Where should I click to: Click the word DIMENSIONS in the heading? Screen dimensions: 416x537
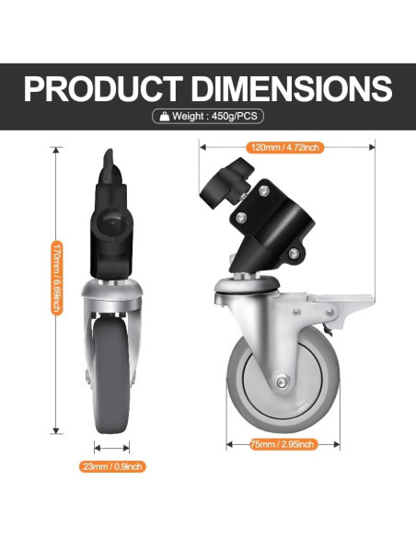coord(292,88)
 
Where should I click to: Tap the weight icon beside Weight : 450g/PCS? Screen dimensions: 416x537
coord(165,117)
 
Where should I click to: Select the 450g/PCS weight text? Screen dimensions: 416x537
coord(235,116)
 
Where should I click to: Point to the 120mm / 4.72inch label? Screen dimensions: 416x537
coord(284,148)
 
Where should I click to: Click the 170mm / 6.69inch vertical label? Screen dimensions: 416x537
coord(57,278)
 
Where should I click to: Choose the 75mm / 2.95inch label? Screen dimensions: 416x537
coord(283,444)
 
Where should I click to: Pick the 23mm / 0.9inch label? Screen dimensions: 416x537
coord(112,466)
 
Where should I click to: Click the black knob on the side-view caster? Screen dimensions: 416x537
coord(225,182)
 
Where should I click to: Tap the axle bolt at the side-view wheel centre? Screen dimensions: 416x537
coord(282,382)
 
